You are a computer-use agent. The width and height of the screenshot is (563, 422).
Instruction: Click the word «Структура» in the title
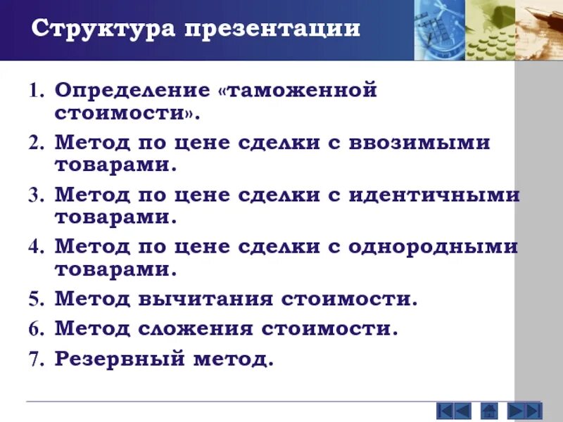point(104,29)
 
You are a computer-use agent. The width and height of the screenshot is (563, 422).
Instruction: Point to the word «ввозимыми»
point(421,143)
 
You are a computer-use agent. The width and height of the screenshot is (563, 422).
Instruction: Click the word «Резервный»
point(117,359)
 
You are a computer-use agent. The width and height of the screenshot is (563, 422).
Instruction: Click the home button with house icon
point(489,410)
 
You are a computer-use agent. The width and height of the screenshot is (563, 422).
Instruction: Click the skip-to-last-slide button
point(533,410)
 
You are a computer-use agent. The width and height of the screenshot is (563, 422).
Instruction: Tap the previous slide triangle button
point(462,410)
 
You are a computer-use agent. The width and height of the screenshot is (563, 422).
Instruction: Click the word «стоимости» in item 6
point(331,328)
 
